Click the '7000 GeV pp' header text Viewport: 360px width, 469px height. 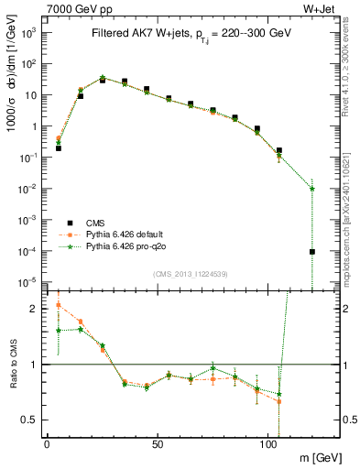76,9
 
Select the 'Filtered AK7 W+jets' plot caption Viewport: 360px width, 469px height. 192,34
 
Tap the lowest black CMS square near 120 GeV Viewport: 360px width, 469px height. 312,251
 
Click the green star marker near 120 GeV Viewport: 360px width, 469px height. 312,189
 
